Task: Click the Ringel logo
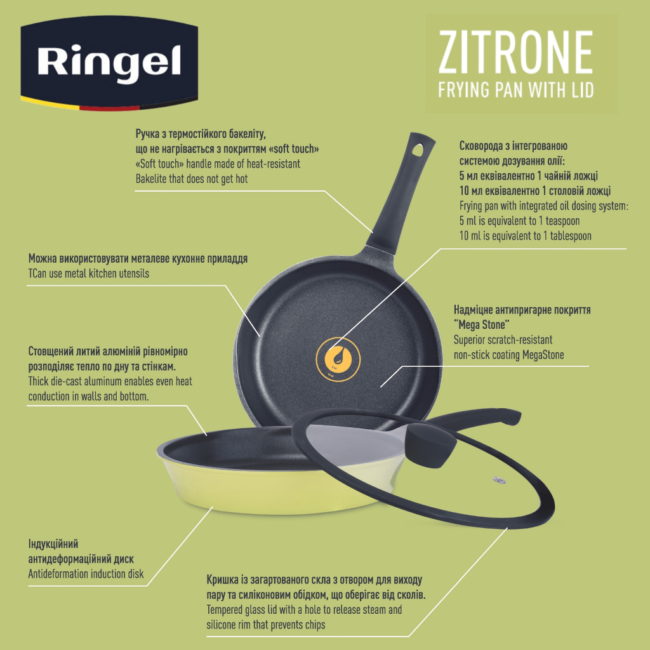[109, 62]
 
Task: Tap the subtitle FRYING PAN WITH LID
[516, 90]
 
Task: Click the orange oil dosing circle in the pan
[337, 358]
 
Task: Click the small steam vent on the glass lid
[496, 479]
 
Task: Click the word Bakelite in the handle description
[155, 180]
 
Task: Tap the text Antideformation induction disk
[86, 574]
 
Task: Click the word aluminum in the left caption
[111, 381]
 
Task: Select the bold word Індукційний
[53, 544]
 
